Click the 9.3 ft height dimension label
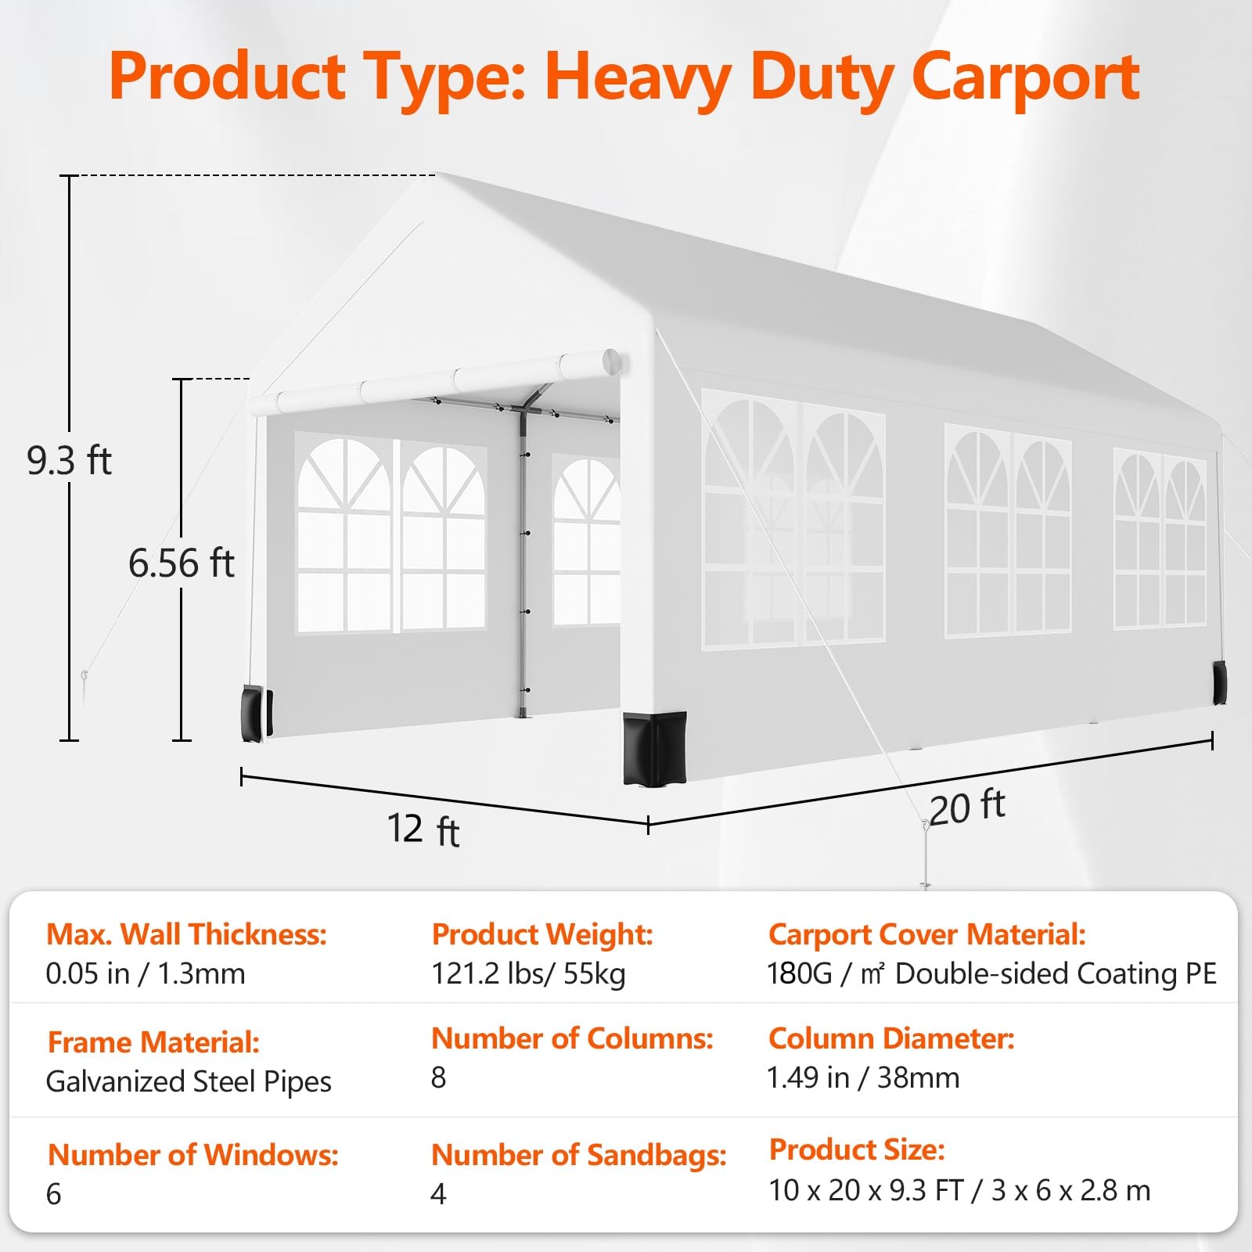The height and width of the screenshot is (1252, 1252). tap(69, 459)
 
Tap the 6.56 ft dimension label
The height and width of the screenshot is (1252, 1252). tap(181, 563)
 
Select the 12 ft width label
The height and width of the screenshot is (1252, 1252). tap(423, 829)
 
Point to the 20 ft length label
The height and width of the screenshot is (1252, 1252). tap(967, 807)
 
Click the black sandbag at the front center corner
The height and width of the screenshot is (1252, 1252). tap(654, 747)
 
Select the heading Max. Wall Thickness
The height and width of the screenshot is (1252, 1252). tap(186, 934)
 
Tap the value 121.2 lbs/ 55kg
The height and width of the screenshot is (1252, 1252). tap(528, 973)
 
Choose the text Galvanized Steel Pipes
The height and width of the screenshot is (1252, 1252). tap(189, 1081)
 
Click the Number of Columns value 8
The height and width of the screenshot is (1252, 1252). tap(438, 1078)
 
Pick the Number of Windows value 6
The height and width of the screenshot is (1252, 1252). tap(53, 1194)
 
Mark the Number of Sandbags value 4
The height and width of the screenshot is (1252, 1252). tap(438, 1194)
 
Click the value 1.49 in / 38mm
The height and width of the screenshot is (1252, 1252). tap(863, 1078)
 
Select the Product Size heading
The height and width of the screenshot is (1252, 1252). tap(857, 1149)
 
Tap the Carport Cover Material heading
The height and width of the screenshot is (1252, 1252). tap(927, 934)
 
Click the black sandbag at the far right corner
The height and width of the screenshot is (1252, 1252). tap(1219, 682)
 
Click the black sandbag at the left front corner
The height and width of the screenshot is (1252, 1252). tap(257, 713)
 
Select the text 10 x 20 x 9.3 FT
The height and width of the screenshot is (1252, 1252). tap(866, 1190)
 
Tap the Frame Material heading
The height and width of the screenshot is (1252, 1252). tap(153, 1042)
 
